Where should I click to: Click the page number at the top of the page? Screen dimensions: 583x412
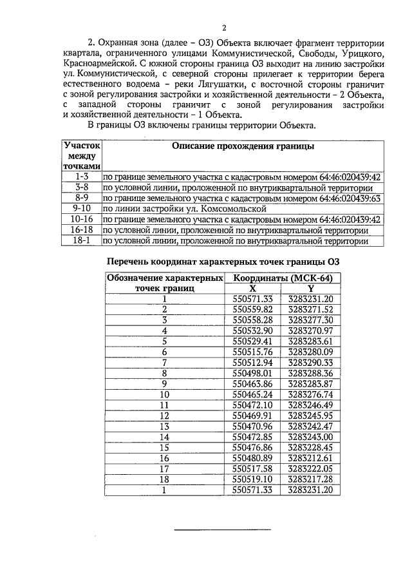tap(225, 27)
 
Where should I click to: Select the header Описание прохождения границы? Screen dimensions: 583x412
tap(243, 147)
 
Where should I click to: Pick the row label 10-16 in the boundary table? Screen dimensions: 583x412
tap(80, 219)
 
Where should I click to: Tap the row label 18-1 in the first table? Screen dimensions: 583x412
tap(80, 240)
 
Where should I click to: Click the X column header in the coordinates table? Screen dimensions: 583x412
tap(253, 289)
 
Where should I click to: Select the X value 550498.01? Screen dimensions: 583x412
tap(252, 373)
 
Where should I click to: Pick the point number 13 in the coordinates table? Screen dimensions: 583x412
tap(164, 426)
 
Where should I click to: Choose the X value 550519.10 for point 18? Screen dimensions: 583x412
tap(252, 479)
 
